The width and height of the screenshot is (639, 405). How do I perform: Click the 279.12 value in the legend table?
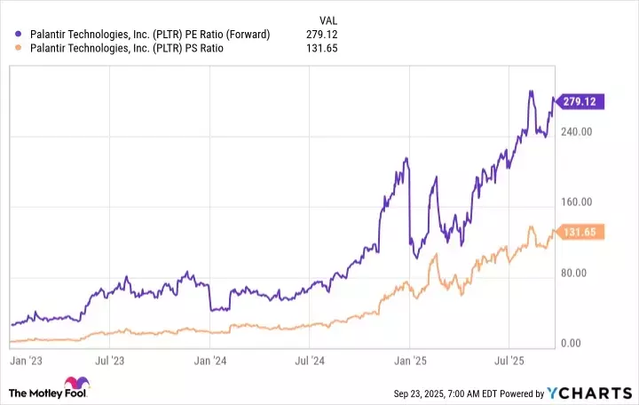(322, 35)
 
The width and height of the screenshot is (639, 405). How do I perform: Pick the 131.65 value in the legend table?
(322, 49)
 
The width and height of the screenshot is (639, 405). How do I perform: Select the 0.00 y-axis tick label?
(581, 343)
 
